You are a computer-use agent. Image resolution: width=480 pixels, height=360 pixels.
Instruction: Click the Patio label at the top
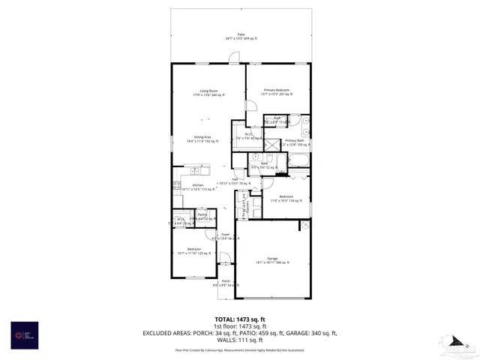click(241, 36)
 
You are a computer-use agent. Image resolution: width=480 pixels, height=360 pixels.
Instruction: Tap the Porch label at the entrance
click(226, 283)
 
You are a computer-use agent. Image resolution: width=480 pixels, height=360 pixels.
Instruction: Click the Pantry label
click(202, 217)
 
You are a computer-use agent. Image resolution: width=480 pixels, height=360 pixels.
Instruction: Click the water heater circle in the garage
click(304, 225)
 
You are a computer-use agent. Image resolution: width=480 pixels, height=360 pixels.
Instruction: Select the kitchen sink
click(177, 185)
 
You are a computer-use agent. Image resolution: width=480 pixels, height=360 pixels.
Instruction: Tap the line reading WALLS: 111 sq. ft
click(240, 340)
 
